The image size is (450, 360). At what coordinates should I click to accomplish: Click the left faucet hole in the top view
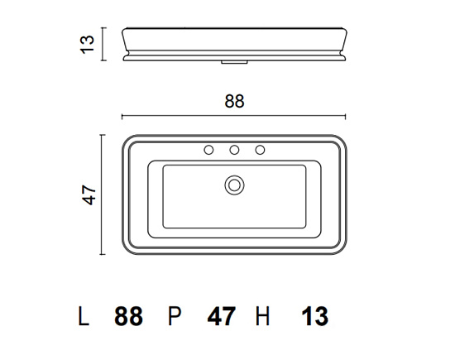[208, 150]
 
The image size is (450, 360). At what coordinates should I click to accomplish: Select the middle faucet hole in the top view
[234, 150]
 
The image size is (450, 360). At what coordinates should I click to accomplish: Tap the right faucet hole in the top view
[260, 150]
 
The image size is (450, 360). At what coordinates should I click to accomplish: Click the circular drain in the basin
[234, 185]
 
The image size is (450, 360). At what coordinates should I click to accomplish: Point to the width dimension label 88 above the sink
[234, 101]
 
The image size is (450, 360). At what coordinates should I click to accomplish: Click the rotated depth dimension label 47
[89, 195]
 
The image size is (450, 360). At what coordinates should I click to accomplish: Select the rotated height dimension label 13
[87, 45]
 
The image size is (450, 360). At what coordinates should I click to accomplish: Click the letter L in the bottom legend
[84, 316]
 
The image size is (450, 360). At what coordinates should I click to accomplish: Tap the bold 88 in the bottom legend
[128, 316]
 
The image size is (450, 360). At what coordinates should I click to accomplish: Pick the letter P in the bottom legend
[175, 316]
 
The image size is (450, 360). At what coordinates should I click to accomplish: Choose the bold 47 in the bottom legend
[222, 316]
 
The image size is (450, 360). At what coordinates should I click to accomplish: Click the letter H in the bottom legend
[262, 316]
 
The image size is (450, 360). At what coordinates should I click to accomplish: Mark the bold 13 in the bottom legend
[315, 316]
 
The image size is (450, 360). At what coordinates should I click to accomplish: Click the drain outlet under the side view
[234, 62]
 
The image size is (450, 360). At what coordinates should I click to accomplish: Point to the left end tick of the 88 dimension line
[122, 116]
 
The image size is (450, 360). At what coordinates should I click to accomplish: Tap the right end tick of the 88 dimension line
[345, 116]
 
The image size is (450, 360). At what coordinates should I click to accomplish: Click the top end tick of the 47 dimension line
[103, 135]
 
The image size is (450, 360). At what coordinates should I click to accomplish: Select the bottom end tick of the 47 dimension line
[103, 254]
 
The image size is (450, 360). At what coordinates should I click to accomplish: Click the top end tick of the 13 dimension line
[103, 28]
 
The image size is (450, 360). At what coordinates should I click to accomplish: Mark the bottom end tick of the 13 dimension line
[103, 60]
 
